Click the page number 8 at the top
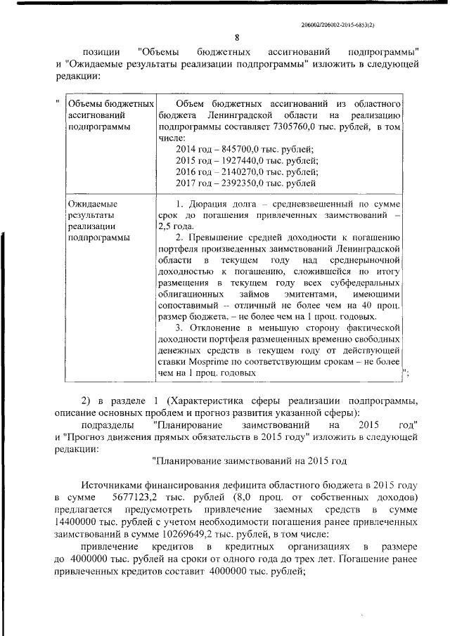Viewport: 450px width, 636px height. (237, 38)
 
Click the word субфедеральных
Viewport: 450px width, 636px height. (361, 283)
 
